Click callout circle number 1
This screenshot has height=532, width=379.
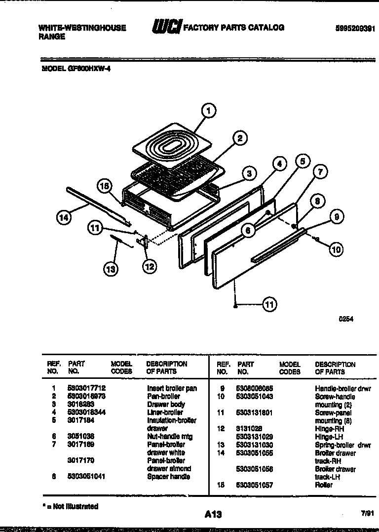tap(209, 111)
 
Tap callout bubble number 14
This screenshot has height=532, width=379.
tap(63, 216)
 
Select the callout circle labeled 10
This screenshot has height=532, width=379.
tap(336, 249)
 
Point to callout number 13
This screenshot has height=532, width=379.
tap(112, 269)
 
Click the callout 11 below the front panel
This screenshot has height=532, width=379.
tap(269, 305)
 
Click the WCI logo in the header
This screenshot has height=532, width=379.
tap(166, 28)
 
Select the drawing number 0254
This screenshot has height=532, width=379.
tap(346, 319)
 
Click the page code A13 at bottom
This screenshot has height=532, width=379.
tap(213, 514)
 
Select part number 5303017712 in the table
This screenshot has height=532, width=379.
tap(87, 388)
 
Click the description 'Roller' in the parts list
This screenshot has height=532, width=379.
tap(324, 485)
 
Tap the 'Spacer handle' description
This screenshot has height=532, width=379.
tap(168, 477)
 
